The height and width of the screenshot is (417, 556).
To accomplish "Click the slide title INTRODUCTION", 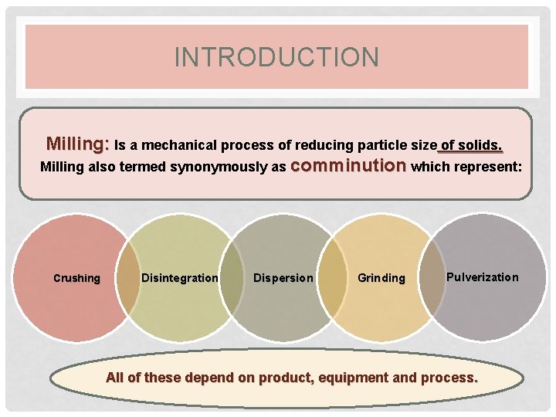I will click(x=276, y=57).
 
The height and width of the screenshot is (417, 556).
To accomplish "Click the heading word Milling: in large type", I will click(x=77, y=144).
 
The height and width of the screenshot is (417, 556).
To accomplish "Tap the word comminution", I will click(x=349, y=165).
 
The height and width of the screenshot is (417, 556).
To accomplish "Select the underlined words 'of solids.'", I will click(x=470, y=145).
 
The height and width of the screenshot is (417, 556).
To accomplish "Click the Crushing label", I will click(x=76, y=278).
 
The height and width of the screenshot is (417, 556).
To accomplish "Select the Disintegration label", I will click(x=180, y=278).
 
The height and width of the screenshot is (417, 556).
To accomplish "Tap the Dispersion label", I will click(x=283, y=278).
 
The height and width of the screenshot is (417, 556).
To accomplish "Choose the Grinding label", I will click(x=381, y=278).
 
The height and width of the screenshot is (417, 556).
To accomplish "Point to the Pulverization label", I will click(x=483, y=276).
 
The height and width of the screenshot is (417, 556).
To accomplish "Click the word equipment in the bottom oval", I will click(x=357, y=378).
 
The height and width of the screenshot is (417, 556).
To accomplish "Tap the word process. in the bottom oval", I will click(x=450, y=378).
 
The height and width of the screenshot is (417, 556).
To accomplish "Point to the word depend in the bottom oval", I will click(x=212, y=378).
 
